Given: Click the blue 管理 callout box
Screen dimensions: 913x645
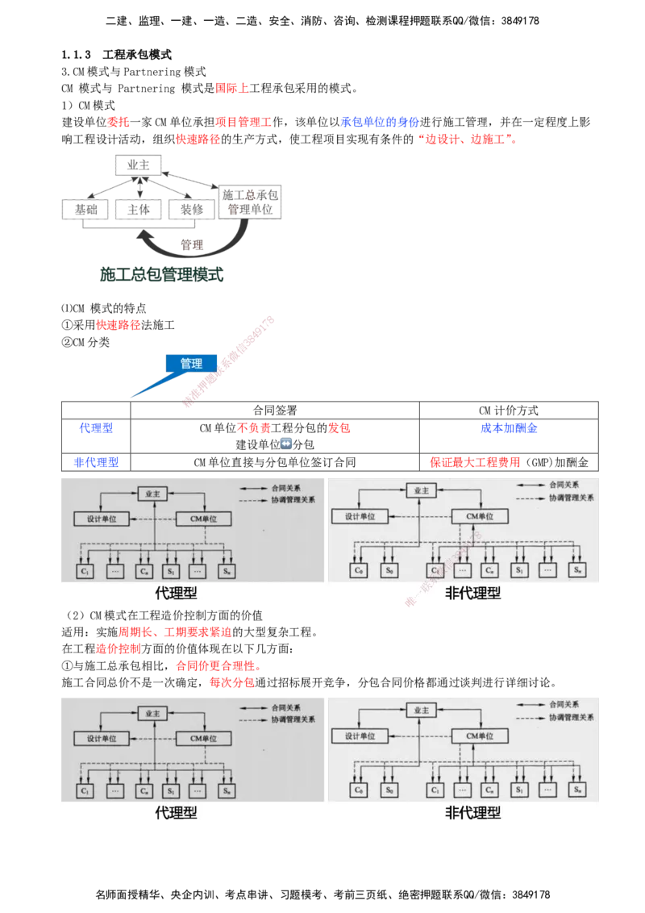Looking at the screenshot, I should [191, 363].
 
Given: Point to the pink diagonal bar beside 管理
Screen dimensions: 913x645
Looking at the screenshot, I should [230, 360].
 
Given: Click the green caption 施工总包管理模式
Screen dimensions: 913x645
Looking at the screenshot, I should [160, 274].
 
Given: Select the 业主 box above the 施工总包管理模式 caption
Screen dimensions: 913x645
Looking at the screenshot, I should [138, 165].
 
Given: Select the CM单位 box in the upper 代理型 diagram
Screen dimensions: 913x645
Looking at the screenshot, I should [203, 519].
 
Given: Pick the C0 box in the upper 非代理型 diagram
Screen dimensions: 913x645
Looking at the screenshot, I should [360, 570].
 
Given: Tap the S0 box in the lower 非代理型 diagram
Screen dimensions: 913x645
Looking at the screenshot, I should [390, 790].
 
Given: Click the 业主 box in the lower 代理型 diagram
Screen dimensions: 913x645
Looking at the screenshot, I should [152, 712].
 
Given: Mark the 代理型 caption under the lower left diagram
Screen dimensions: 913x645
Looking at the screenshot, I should [176, 813].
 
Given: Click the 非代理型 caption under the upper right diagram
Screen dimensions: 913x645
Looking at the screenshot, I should [472, 594].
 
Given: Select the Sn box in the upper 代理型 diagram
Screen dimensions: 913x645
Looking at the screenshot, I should [227, 570].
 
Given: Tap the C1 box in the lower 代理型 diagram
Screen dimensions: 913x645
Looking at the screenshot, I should [85, 790].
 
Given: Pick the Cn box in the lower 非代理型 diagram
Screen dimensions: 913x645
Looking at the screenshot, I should [489, 790].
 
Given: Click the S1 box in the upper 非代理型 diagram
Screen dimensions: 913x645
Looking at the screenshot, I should [518, 570].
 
